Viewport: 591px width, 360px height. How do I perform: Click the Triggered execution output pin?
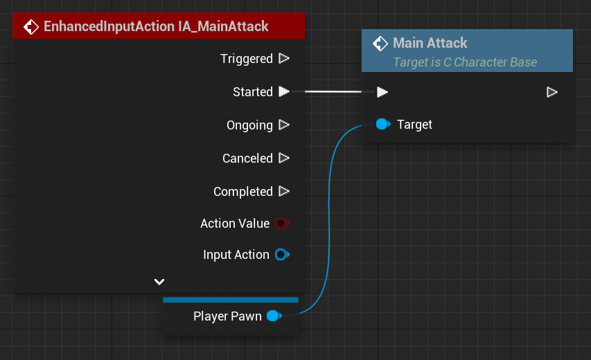pos(283,59)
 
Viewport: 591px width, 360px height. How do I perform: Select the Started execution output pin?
pos(283,91)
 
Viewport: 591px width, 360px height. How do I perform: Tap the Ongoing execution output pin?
pos(283,125)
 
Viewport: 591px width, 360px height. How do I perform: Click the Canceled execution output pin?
pos(283,159)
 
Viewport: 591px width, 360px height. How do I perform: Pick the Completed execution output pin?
pos(283,191)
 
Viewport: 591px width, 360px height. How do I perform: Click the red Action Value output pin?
pos(281,224)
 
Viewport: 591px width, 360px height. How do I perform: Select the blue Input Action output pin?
pos(281,255)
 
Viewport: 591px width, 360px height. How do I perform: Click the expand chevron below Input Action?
pos(159,282)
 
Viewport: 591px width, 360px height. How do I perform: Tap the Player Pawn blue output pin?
pos(274,316)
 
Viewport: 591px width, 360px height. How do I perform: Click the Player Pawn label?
pos(227,316)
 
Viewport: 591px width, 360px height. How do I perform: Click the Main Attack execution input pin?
pos(382,92)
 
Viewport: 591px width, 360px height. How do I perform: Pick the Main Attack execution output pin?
pos(552,92)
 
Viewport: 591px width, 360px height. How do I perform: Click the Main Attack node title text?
pos(430,43)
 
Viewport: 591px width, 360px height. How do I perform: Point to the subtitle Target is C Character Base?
pos(464,62)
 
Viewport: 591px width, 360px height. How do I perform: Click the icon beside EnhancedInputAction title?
pos(31,27)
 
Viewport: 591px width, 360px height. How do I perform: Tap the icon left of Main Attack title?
pos(380,44)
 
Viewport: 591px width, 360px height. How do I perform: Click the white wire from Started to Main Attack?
pos(333,91)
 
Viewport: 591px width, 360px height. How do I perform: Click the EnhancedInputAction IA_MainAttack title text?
pos(156,27)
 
